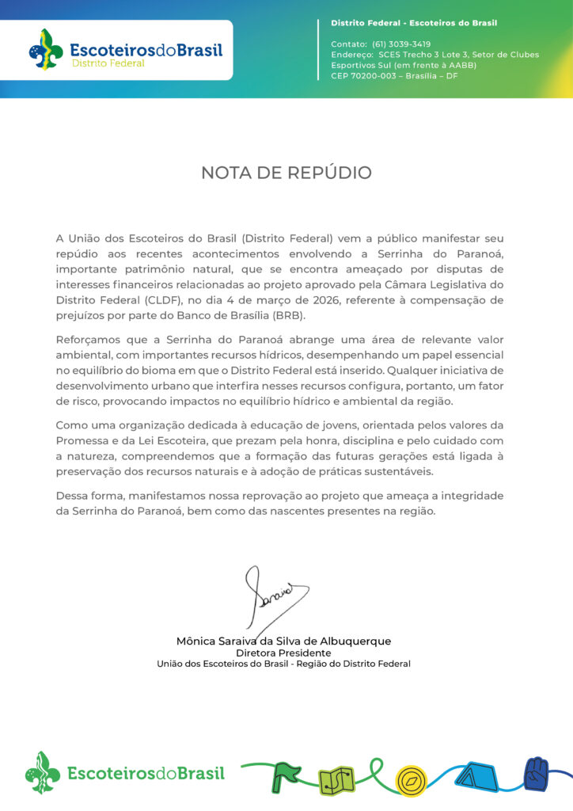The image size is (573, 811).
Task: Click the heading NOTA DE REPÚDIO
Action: tap(286, 173)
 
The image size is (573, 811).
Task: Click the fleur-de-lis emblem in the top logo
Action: tap(46, 48)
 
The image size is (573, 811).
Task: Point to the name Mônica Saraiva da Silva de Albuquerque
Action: tap(283, 641)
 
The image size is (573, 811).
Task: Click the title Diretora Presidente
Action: tap(283, 653)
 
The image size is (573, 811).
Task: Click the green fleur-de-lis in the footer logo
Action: tap(42, 772)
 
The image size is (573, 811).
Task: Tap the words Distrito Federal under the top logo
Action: tap(108, 63)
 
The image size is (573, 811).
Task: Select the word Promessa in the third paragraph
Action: tap(82, 440)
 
